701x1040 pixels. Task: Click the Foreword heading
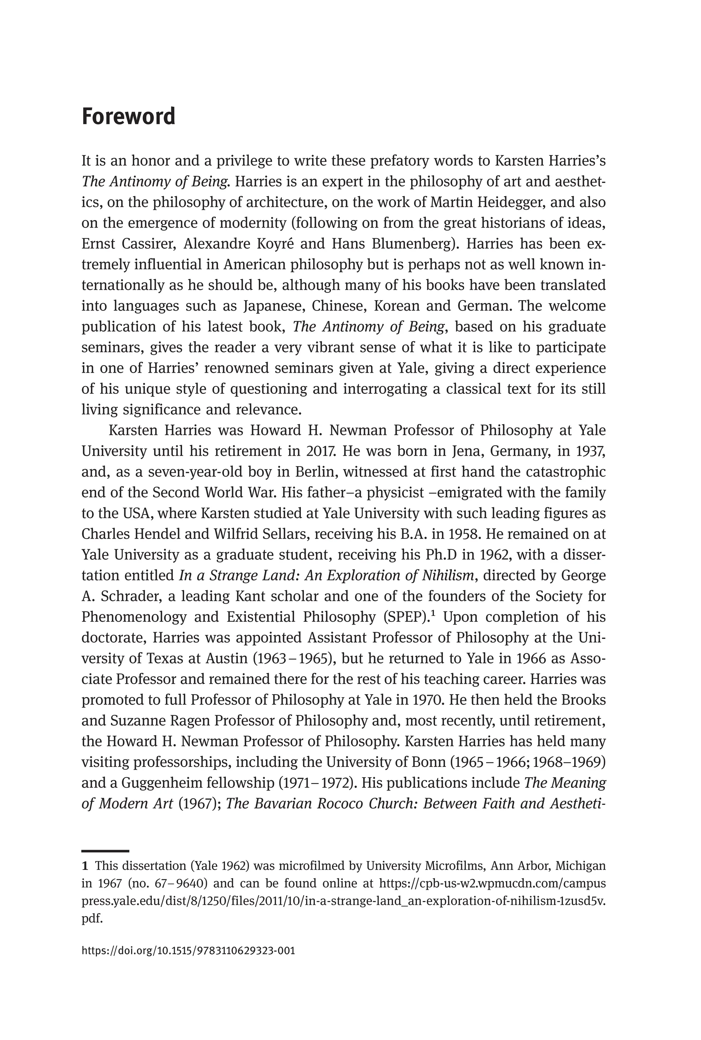coord(128,117)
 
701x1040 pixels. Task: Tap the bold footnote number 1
coord(85,866)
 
